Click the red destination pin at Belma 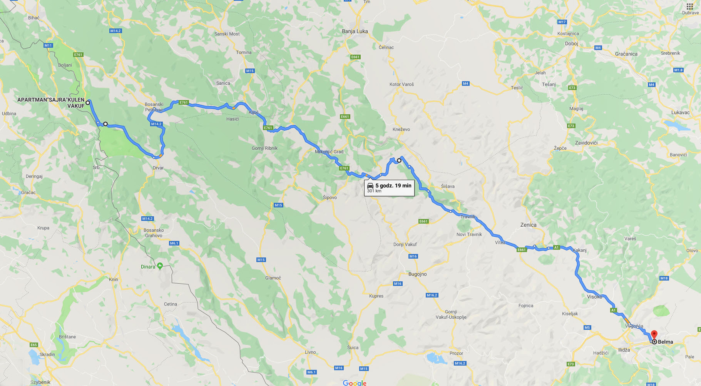point(654,334)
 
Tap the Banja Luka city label point(355,31)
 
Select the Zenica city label point(528,225)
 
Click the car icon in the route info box point(370,186)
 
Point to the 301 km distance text point(374,191)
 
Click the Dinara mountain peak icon point(160,266)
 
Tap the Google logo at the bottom point(355,383)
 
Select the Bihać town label point(34,18)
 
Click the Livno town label point(310,352)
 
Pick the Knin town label point(113,279)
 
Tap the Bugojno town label point(417,274)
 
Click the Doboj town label point(571,43)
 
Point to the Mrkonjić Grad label point(329,152)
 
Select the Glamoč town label point(273,278)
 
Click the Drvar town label point(158,168)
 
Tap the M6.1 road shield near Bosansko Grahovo point(174,243)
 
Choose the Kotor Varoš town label point(402,84)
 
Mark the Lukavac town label point(680,112)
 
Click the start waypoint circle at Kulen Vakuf point(88,102)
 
